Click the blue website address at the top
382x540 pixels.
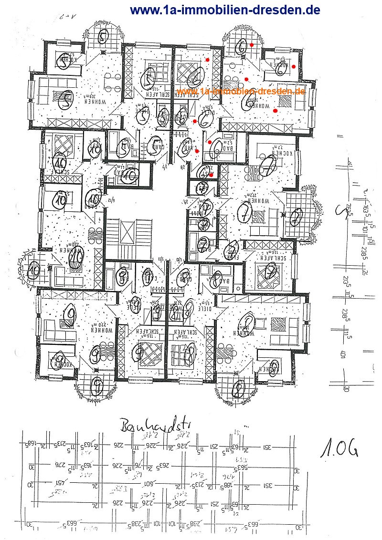coord(225,10)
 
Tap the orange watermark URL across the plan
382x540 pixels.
coord(240,91)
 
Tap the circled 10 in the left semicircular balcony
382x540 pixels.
coord(34,270)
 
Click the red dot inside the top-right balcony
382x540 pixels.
coord(252,45)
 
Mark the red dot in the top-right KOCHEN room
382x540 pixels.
coord(294,66)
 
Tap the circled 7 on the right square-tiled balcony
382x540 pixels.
coord(297,217)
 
